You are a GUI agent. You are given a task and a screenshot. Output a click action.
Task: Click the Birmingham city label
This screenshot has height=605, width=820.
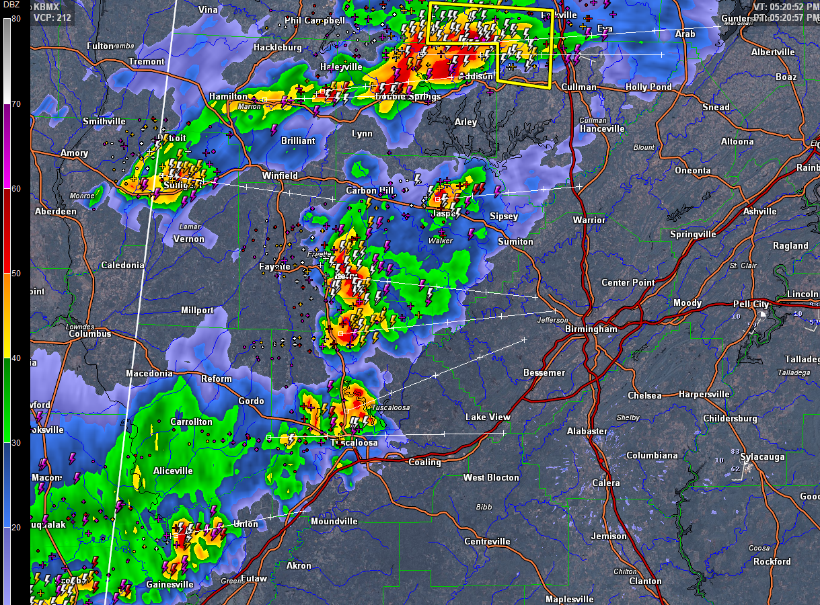click(591, 329)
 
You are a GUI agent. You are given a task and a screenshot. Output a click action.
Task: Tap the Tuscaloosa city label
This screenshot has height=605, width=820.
click(354, 443)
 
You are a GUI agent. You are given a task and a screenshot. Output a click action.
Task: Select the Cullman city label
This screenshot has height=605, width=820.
click(579, 87)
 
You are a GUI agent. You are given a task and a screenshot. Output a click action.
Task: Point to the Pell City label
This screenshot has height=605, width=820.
click(751, 305)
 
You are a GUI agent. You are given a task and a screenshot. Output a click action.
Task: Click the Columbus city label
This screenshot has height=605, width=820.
click(89, 334)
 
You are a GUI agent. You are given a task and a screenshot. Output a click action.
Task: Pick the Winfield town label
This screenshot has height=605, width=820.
click(280, 175)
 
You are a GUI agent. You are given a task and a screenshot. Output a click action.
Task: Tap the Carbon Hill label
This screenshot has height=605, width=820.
click(369, 191)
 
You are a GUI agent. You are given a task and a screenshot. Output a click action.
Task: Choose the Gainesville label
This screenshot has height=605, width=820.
click(170, 585)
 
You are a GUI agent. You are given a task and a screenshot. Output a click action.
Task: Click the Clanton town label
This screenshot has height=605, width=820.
click(645, 581)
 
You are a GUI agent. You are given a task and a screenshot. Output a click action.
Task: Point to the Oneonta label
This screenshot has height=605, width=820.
click(693, 170)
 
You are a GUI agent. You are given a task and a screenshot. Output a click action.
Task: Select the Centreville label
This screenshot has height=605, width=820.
click(487, 541)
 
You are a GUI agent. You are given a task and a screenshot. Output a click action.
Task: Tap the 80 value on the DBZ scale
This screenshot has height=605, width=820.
click(15, 18)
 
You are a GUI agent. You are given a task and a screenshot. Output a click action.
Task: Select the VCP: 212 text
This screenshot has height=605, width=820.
click(52, 17)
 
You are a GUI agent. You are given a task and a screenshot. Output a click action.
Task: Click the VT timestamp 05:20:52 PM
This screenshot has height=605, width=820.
click(785, 7)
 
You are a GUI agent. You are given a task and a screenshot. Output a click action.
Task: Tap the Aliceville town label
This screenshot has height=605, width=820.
click(173, 471)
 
